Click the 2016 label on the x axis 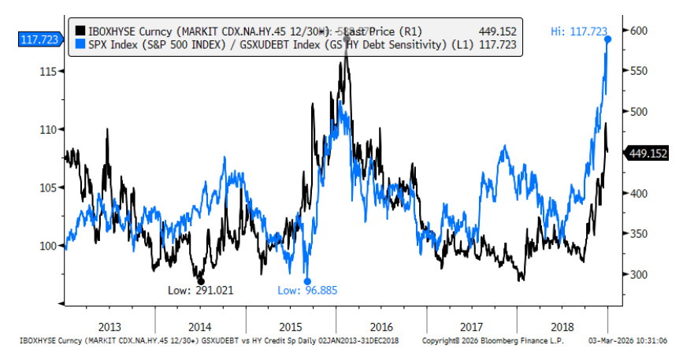click(381, 326)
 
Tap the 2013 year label click(110, 326)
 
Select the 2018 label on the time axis click(562, 326)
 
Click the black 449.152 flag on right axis click(648, 154)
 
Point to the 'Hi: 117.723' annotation click(578, 31)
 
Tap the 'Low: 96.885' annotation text click(307, 291)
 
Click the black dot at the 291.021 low click(201, 281)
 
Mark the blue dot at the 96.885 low click(307, 281)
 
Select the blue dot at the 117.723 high click(608, 39)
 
